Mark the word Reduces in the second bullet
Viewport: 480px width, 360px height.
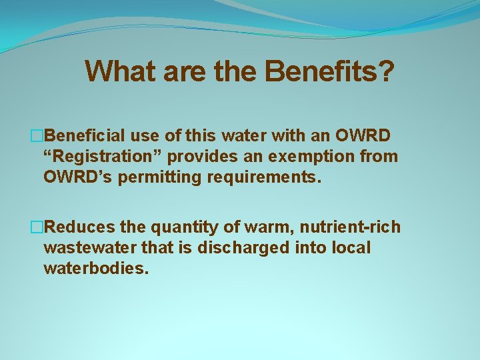pos(80,227)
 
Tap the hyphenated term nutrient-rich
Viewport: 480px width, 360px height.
pos(352,227)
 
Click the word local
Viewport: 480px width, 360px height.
pos(352,248)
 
